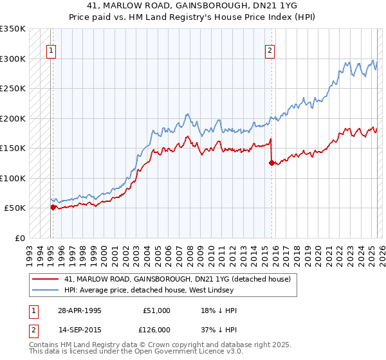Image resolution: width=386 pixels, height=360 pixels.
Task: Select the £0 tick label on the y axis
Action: click(19, 238)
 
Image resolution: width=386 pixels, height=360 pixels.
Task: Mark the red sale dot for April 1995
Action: click(53, 207)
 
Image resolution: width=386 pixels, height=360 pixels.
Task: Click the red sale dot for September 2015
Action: click(271, 163)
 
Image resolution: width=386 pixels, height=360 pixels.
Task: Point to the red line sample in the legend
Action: click(46, 279)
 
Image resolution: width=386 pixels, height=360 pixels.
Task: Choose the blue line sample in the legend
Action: click(46, 290)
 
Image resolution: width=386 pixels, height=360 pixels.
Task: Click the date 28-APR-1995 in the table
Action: click(80, 310)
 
